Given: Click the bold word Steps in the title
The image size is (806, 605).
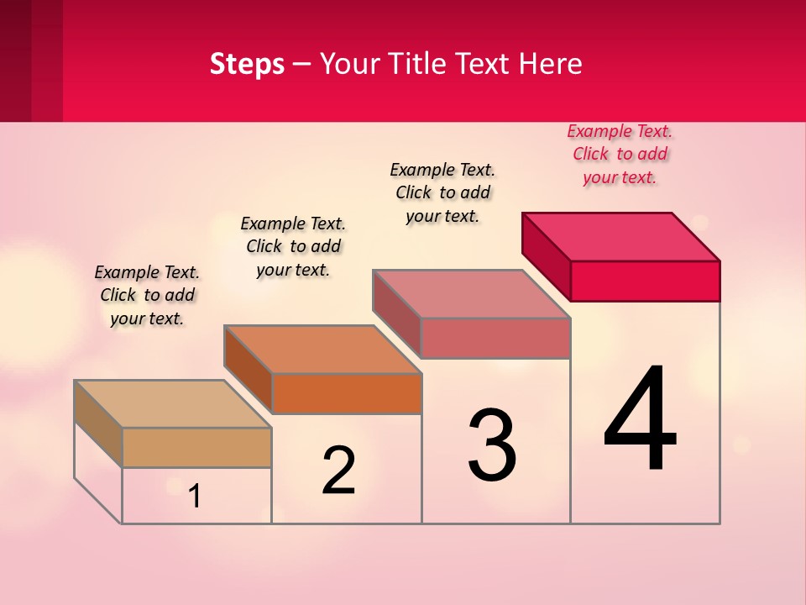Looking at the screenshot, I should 247,64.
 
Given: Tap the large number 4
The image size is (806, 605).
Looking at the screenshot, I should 640,419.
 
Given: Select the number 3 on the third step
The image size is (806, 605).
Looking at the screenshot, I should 492,445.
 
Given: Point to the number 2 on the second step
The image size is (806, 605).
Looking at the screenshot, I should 339,471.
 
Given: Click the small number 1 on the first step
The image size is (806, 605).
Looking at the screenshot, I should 195,496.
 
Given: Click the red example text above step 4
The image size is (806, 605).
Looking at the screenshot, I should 620,154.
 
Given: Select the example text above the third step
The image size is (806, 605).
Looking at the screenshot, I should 442,192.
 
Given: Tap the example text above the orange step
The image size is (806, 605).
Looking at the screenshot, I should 293,246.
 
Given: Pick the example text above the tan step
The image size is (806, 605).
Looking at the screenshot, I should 147,295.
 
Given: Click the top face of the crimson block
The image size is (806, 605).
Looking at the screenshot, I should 620,236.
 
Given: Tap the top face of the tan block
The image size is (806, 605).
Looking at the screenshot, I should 173,403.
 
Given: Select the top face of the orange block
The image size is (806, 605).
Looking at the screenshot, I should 322,349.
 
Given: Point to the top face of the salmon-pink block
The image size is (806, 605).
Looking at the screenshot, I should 472,293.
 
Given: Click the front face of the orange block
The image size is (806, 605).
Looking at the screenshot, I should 347,393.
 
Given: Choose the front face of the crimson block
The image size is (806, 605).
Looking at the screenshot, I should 645,281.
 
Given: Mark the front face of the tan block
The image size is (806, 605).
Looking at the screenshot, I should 196,447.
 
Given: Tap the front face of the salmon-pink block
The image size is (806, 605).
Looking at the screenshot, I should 495,338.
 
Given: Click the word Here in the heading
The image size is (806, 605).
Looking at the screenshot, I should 552,64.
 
